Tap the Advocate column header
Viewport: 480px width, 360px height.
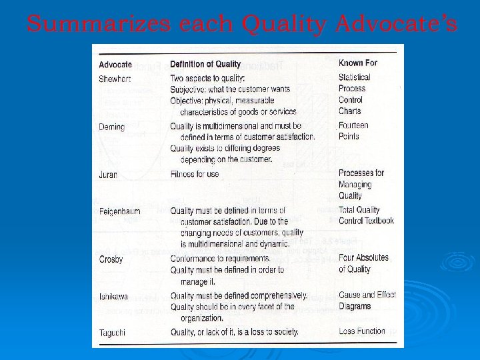click(x=115, y=65)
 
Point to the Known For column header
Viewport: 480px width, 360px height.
click(x=358, y=63)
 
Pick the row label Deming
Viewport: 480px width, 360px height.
click(x=111, y=127)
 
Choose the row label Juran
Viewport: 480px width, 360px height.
click(x=108, y=175)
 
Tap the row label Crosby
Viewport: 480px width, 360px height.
click(x=111, y=259)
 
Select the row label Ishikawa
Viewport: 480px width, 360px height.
click(x=114, y=296)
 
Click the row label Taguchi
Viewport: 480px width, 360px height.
click(x=113, y=332)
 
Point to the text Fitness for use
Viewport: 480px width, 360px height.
click(x=194, y=175)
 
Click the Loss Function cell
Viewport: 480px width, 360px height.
click(x=362, y=331)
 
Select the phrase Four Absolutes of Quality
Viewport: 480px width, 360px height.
click(x=363, y=263)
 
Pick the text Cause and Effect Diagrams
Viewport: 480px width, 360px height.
click(x=367, y=301)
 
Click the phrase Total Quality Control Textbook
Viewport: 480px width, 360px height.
click(x=366, y=215)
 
